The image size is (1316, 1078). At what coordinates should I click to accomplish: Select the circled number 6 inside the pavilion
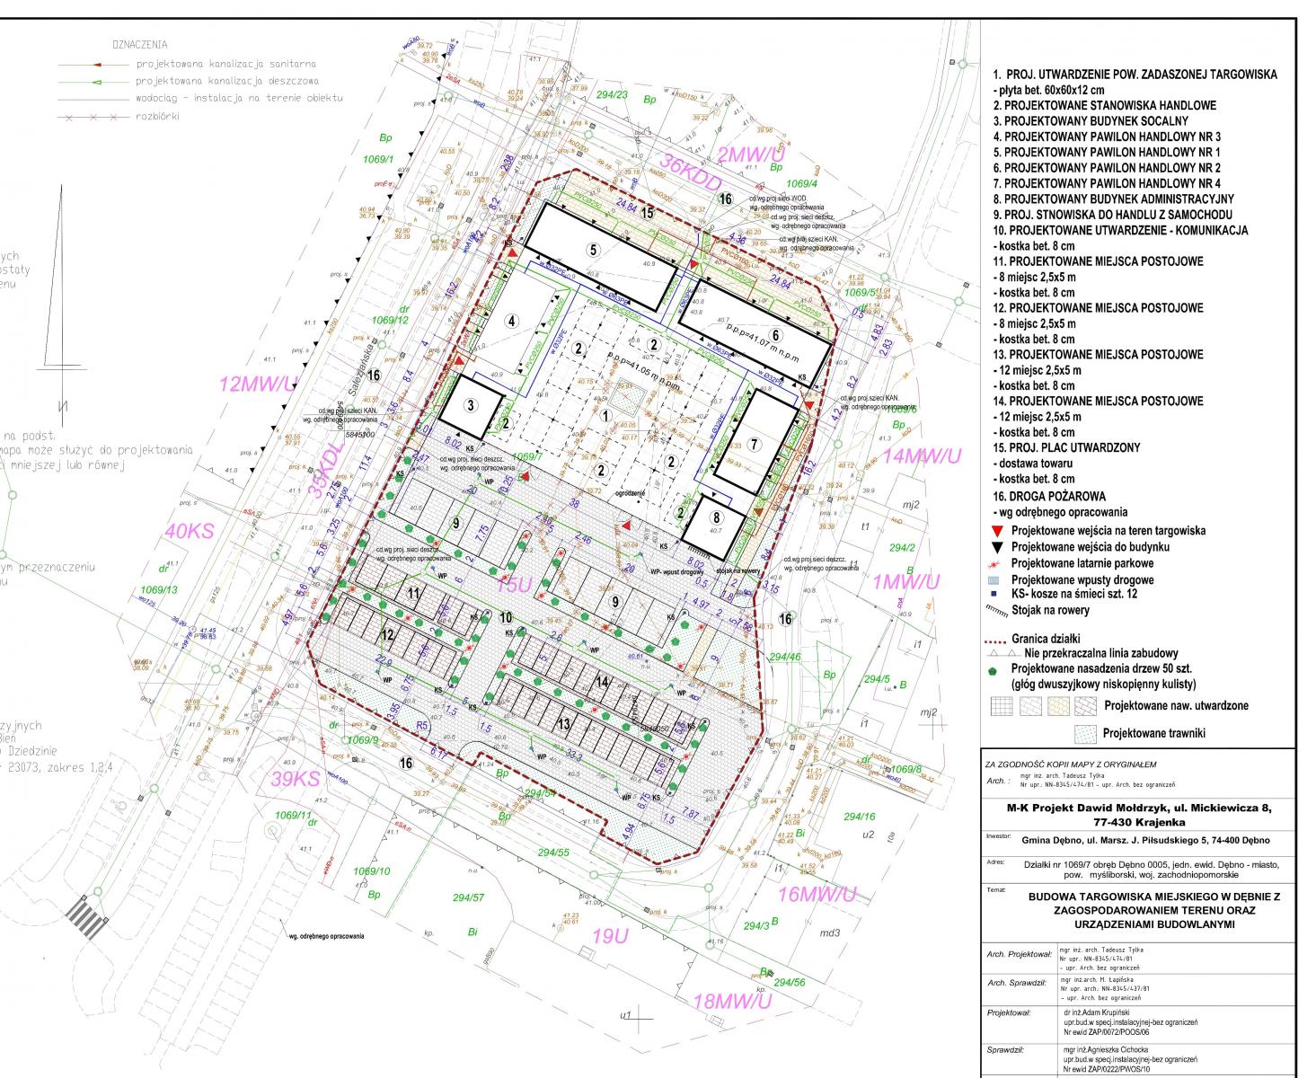point(774,334)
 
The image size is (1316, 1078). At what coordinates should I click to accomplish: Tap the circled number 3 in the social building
point(469,404)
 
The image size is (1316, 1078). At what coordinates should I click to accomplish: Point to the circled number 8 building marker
point(716,517)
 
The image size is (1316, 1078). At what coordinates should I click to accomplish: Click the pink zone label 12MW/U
point(258,385)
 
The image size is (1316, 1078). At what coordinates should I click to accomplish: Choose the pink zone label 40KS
point(190,531)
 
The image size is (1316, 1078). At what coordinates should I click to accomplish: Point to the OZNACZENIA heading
point(139,44)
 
